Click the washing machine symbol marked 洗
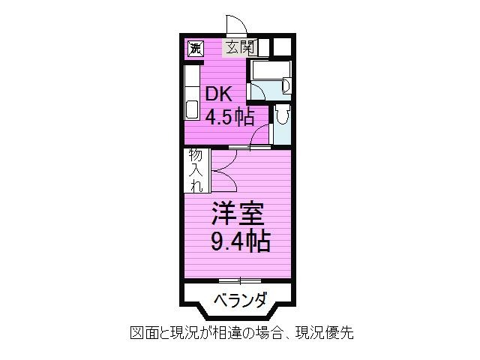point(196,48)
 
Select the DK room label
point(218,94)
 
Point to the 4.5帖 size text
point(230,117)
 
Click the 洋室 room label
point(238,213)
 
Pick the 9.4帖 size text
point(240,241)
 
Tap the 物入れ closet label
point(196,170)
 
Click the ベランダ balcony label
point(240,300)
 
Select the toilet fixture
point(282,114)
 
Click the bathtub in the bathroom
point(270,70)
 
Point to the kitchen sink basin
point(192,109)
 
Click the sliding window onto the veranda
point(240,280)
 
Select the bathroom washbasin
point(286,85)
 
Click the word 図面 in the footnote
point(145,332)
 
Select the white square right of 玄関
point(282,47)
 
